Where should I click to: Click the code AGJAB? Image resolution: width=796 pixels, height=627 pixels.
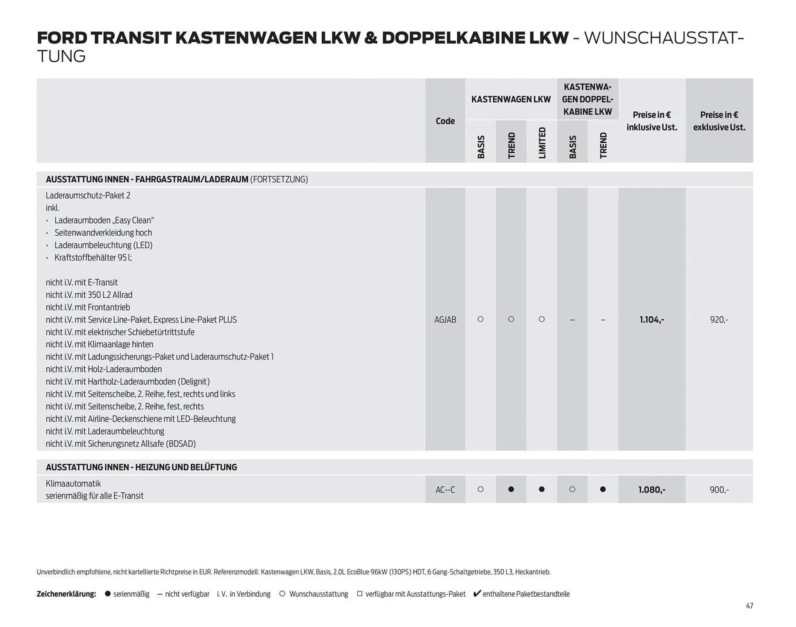(445, 320)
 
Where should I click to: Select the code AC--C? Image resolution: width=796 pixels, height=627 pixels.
(445, 490)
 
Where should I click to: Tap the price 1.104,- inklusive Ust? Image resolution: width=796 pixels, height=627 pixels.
(651, 320)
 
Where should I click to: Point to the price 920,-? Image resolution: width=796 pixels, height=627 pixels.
(719, 320)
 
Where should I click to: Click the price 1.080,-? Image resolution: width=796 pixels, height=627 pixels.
(651, 490)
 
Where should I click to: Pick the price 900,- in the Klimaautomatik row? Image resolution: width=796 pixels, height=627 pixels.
(719, 490)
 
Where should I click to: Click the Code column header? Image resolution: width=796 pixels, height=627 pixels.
(445, 121)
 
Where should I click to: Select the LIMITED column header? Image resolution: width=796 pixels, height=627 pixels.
(542, 143)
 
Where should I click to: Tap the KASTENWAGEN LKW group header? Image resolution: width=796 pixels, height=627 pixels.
(511, 99)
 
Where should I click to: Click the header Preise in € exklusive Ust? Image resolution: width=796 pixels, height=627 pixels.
(719, 121)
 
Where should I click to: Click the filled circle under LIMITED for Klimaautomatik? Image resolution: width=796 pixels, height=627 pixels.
(541, 490)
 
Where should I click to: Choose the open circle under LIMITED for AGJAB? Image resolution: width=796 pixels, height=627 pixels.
(541, 319)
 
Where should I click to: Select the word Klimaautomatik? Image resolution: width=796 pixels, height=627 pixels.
(73, 484)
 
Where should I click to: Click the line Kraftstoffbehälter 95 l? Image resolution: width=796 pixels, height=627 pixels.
(93, 258)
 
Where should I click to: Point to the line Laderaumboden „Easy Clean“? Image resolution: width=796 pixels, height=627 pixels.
(104, 220)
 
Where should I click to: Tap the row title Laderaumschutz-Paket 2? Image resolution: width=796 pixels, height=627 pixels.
(88, 195)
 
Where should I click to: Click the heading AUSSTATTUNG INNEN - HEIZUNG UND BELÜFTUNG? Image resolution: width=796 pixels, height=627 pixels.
(141, 467)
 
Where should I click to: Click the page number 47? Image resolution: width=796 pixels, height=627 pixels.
(749, 606)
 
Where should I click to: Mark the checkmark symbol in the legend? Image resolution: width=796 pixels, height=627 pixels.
(477, 593)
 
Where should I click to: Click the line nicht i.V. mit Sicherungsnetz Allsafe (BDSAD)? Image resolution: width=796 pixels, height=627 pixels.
(121, 444)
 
